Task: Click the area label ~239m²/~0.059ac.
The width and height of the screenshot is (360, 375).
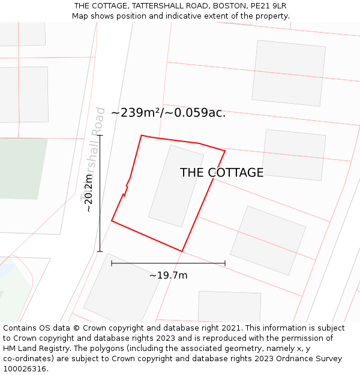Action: (x=168, y=113)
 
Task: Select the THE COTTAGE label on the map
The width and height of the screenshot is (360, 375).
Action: (x=221, y=173)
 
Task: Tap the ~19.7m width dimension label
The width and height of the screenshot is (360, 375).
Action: (x=168, y=275)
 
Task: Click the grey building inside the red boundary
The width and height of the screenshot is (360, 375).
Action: (x=176, y=186)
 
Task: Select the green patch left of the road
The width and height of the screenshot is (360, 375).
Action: (x=21, y=168)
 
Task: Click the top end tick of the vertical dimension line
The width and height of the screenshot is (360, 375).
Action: (x=100, y=136)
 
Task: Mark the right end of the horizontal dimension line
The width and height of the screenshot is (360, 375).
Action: (x=225, y=263)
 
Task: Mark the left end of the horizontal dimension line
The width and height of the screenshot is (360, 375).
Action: (x=112, y=263)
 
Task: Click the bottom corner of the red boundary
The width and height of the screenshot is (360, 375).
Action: (x=182, y=251)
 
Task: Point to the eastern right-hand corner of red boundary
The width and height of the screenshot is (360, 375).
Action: (x=225, y=151)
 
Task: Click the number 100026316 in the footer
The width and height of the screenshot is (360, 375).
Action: (x=25, y=368)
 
